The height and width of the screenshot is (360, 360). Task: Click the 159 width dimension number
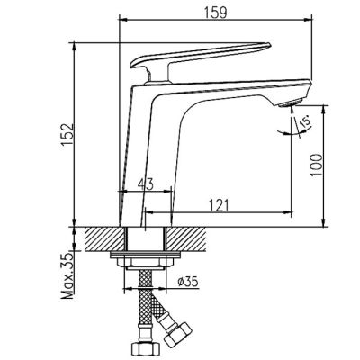tap(215, 13)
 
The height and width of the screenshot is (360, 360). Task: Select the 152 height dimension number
tap(68, 134)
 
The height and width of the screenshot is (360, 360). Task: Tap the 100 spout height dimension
tap(316, 165)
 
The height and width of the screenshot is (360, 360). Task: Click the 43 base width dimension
tap(146, 184)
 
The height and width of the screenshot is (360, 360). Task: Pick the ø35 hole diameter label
tap(188, 282)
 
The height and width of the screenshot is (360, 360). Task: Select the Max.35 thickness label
tap(68, 276)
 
